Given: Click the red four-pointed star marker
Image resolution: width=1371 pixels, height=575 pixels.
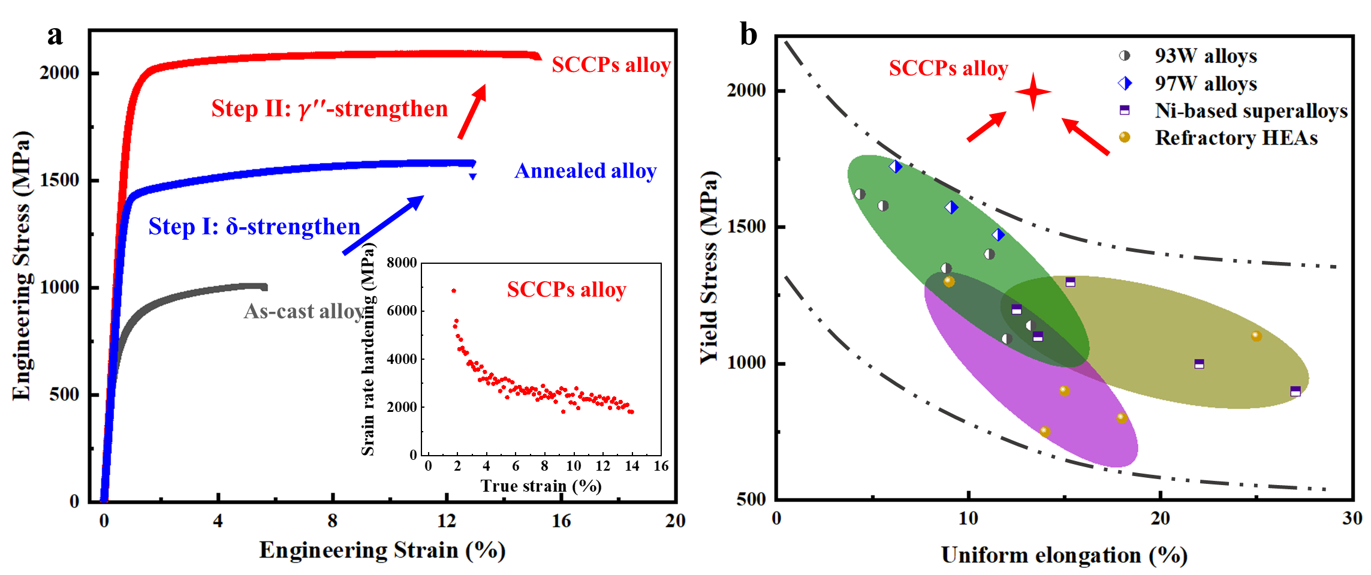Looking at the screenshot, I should coord(1033,92).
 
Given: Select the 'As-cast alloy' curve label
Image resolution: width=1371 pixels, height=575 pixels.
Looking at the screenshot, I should coord(304,311).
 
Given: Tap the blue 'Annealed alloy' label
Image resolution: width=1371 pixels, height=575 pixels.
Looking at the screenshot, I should coord(585,171).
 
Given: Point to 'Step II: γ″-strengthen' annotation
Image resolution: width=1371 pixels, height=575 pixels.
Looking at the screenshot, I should coord(329,109).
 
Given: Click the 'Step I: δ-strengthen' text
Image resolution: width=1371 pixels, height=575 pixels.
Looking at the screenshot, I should coord(254,227).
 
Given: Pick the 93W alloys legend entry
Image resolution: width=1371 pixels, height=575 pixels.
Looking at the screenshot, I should coord(1205,56).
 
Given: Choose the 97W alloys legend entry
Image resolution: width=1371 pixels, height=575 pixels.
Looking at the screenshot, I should coord(1205,83).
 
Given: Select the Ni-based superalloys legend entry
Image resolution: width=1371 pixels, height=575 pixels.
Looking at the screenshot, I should coord(1251,111).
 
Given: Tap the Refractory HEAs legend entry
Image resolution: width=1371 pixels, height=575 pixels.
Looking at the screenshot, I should coord(1236,138).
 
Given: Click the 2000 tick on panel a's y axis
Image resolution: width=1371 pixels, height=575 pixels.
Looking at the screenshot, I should coord(59,73).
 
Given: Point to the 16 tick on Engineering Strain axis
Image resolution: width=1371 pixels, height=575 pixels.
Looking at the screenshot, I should coord(561,520).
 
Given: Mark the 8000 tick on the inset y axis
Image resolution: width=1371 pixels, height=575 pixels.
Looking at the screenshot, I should coord(402,263).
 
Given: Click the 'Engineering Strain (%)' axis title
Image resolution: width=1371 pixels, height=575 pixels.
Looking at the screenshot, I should coord(382,550).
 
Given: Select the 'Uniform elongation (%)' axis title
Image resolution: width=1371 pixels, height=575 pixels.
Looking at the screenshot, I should coord(1064,555).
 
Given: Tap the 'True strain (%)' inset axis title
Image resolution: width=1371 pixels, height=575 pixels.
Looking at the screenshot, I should coord(541,486).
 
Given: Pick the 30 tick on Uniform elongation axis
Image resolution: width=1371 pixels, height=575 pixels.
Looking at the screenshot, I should coord(1352,518).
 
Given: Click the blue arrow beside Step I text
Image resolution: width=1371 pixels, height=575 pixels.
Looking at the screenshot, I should coord(384,225).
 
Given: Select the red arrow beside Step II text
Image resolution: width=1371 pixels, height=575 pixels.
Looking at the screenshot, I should coord(472,112).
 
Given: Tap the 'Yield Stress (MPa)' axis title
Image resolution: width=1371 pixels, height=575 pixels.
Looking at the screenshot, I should coord(709,267).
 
